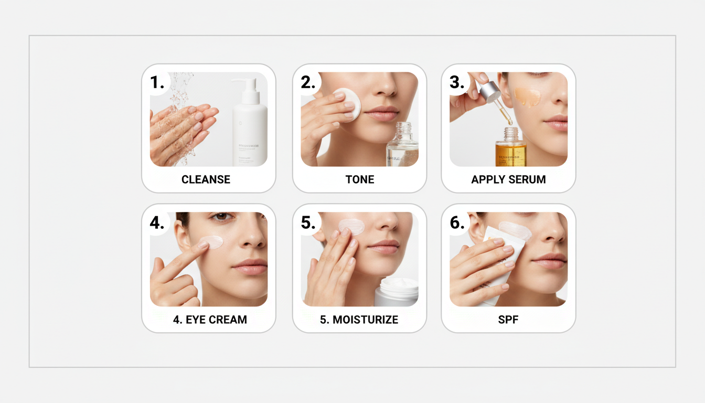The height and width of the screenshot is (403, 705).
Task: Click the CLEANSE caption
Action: pos(206,179)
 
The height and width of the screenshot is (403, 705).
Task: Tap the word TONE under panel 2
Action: pos(360,179)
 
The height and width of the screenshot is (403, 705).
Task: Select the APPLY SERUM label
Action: pos(508,179)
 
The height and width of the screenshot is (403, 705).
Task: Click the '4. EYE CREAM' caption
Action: pos(210,320)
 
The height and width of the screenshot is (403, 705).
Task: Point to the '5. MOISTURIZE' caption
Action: pos(360,320)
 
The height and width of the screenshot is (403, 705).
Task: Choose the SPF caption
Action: pos(508,320)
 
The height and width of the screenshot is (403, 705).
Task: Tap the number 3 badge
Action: pos(457,82)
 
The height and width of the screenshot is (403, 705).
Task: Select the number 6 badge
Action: pos(457,223)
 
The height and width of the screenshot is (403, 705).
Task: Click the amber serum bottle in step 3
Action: pos(510,150)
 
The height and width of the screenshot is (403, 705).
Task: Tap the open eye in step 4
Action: pos(221,216)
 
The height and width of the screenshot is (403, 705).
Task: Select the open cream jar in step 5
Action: pos(397,292)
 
